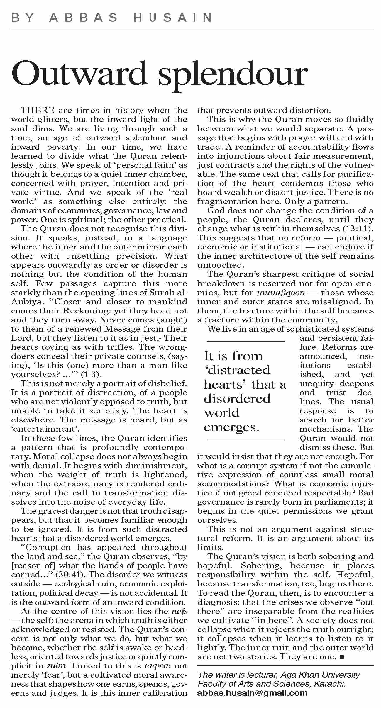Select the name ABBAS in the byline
tap(84, 18)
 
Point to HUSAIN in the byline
tap(173, 18)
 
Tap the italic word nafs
tap(179, 612)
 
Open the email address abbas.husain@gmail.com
tap(252, 693)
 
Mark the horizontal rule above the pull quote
tap(245, 341)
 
